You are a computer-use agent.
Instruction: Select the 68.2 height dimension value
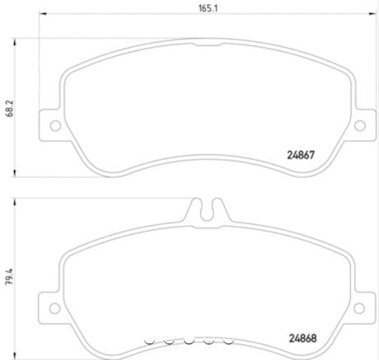point(9,107)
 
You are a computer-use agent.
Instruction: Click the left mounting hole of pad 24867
point(55,126)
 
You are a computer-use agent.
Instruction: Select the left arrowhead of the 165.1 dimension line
point(43,17)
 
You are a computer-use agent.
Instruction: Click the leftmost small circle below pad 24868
point(149,339)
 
